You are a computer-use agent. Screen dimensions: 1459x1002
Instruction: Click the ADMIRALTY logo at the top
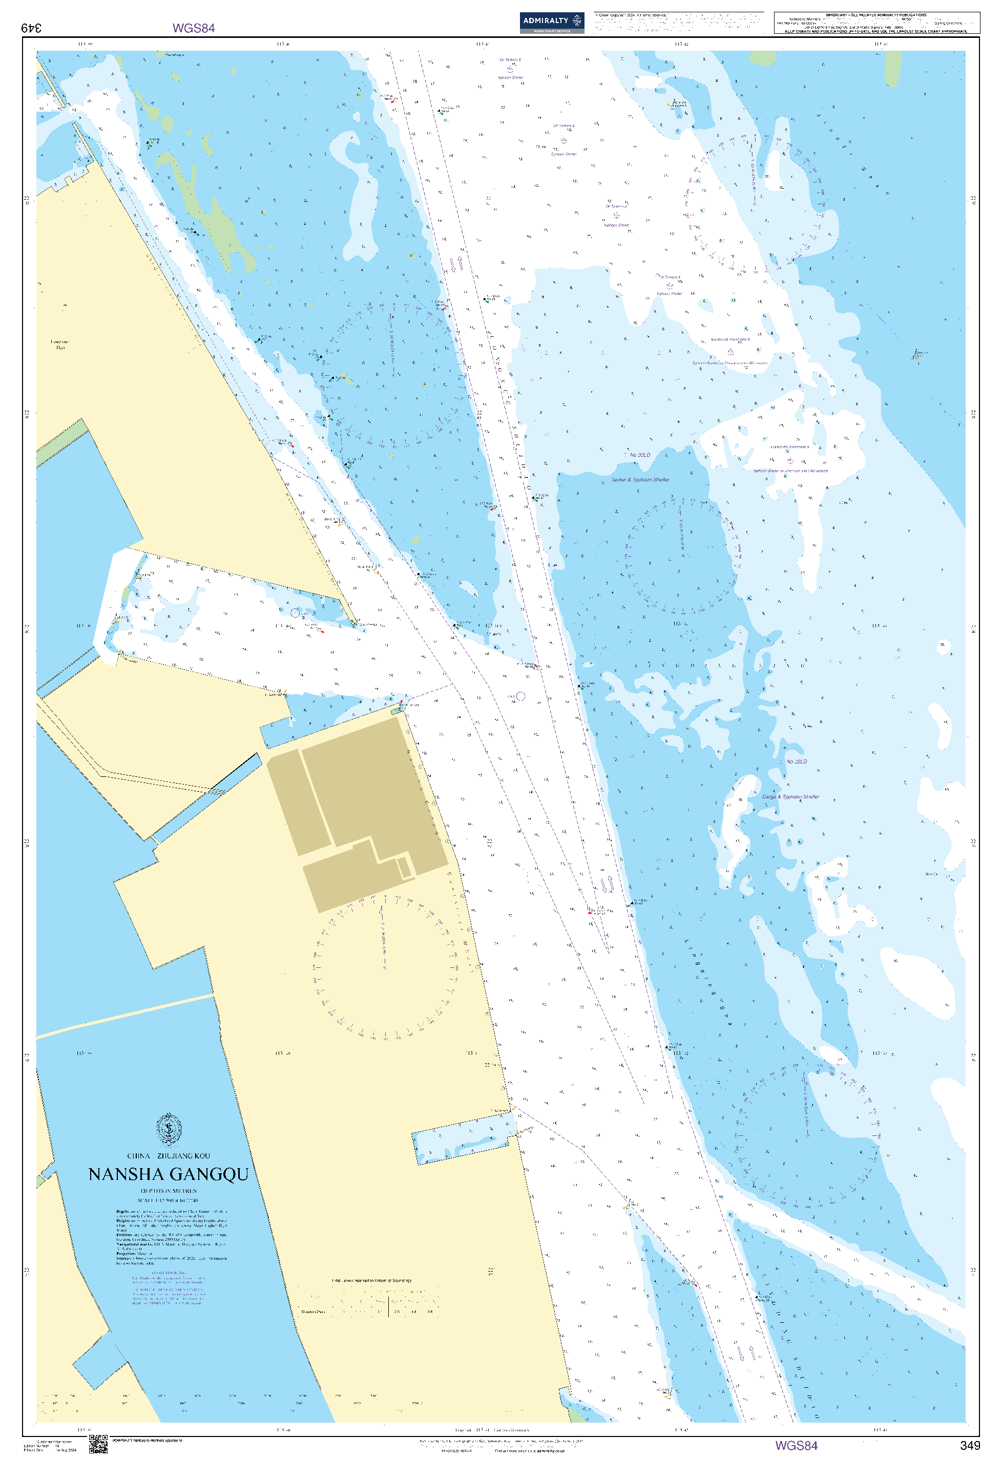click(551, 22)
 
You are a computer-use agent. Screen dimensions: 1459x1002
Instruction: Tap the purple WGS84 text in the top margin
click(193, 28)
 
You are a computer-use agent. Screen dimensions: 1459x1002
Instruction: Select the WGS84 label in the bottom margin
click(796, 1445)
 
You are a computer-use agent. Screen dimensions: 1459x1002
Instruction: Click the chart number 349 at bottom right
click(969, 1445)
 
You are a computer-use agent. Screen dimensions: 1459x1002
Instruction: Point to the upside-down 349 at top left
click(31, 28)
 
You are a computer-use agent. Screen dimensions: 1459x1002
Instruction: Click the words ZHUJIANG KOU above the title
click(183, 1156)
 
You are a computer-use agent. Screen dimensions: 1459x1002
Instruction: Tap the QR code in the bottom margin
click(98, 1444)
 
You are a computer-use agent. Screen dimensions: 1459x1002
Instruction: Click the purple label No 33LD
click(640, 455)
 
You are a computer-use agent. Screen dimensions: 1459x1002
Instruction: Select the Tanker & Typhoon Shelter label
click(640, 480)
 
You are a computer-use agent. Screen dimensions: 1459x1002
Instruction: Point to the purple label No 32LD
click(797, 762)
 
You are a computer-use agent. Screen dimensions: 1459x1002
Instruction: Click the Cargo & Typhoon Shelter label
click(790, 797)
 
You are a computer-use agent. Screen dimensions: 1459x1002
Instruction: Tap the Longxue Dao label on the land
click(60, 345)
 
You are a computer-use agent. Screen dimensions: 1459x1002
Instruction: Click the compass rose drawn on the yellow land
click(385, 967)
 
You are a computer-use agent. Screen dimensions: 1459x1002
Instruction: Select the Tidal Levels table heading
click(372, 1280)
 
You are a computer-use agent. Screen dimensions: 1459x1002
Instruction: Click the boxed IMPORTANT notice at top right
click(876, 23)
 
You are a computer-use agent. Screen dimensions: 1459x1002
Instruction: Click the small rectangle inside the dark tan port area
click(404, 868)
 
